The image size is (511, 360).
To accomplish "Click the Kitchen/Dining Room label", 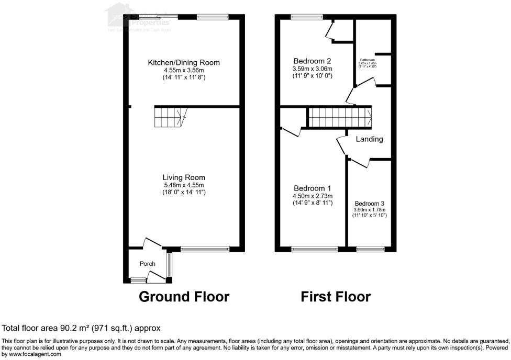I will [183, 63].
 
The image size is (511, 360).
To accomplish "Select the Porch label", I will [147, 264].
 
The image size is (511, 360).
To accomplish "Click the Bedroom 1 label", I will [313, 188].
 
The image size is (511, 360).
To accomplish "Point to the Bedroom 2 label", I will [313, 60].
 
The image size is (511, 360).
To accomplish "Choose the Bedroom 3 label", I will [370, 204].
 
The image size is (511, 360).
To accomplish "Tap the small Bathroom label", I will [368, 60].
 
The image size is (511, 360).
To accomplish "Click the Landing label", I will [370, 139].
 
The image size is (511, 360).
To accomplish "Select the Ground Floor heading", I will [184, 297].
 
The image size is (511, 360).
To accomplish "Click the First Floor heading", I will [336, 297].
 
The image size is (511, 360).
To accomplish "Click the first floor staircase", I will [339, 117].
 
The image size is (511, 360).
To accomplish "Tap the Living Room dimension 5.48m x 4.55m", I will [183, 185].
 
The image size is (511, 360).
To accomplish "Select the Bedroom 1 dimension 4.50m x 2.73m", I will [313, 196].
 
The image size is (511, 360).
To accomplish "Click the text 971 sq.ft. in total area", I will [111, 328].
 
